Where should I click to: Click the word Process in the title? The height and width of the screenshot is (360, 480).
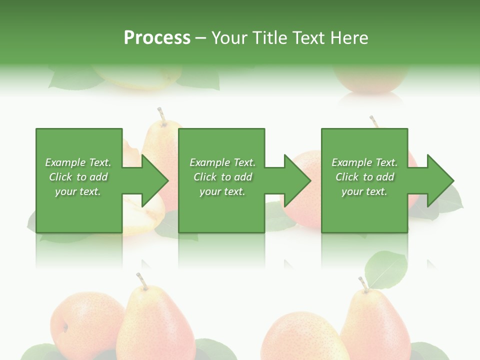(157, 37)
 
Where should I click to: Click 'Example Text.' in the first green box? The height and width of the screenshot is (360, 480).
(78, 162)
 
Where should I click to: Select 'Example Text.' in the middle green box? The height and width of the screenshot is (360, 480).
(222, 162)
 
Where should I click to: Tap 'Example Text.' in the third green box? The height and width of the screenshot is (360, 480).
(364, 162)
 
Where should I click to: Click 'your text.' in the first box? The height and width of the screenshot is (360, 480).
(78, 191)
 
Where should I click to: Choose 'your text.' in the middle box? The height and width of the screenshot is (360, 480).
(222, 191)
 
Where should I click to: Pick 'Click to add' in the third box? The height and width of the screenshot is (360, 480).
(364, 177)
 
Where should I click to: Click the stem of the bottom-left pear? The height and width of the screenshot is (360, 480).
(142, 281)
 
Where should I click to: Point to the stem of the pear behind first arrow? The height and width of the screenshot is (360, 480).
(161, 114)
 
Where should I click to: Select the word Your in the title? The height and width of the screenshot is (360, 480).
(230, 37)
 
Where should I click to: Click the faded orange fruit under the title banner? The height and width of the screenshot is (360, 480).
(363, 80)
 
